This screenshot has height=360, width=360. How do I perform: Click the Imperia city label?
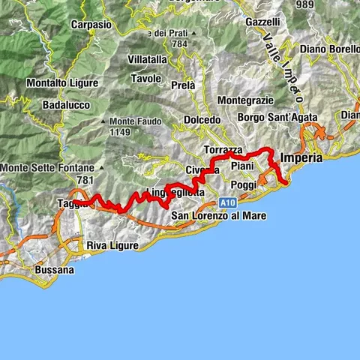301,158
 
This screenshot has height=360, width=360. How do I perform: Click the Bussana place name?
55,269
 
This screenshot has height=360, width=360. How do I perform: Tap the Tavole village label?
146,78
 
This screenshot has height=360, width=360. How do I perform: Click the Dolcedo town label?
202,120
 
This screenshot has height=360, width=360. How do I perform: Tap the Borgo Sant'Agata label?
277,118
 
